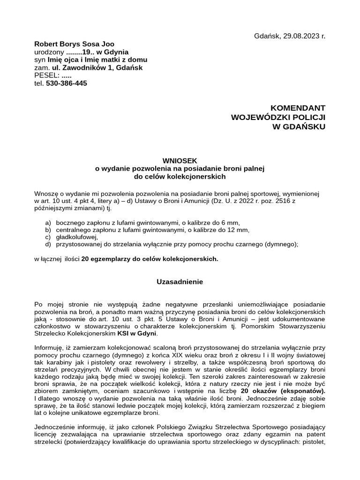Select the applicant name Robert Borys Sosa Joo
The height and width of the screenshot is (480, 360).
click(74, 44)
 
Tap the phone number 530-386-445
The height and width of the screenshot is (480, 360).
click(67, 83)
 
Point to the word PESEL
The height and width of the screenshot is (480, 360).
click(46, 75)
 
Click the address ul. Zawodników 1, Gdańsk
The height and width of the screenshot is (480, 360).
click(97, 67)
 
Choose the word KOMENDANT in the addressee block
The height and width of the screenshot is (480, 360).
click(298, 108)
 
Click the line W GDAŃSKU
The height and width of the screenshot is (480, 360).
click(299, 127)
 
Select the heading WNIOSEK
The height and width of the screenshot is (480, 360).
click(180, 160)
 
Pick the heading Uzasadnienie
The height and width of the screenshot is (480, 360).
click(180, 282)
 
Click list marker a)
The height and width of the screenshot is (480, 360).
click(48, 223)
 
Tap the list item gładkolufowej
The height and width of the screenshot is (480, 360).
click(77, 237)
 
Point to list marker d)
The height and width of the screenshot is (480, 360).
click(48, 244)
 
